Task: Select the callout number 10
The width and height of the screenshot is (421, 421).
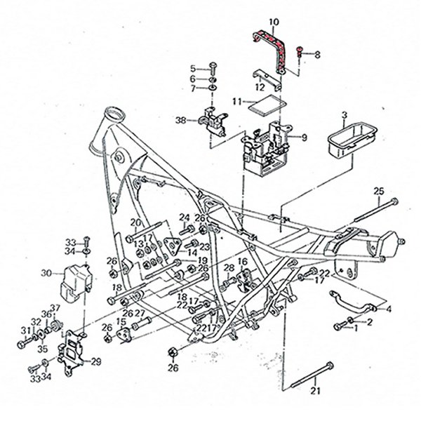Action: pyautogui.click(x=273, y=21)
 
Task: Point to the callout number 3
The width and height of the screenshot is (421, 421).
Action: pyautogui.click(x=344, y=114)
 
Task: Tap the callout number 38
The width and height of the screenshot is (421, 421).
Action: pyautogui.click(x=180, y=120)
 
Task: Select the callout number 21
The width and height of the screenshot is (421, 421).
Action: pyautogui.click(x=315, y=391)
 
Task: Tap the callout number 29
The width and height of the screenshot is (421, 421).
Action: pyautogui.click(x=97, y=361)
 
